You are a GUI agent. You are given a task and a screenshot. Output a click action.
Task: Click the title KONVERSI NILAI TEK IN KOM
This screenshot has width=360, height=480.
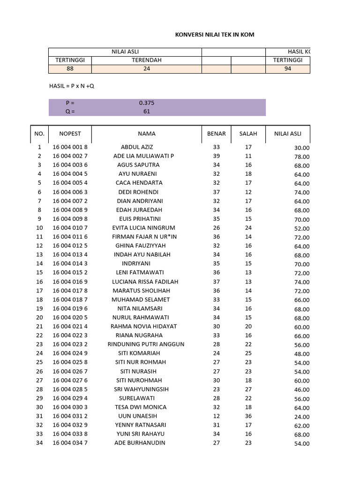215,35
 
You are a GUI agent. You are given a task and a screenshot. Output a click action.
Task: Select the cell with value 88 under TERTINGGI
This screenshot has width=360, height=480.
70,68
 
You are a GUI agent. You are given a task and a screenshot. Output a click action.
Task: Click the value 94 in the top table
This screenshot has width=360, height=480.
287,68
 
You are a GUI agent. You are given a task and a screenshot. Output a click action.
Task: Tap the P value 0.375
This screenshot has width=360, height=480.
147,103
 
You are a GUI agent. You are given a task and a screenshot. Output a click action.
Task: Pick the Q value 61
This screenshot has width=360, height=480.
147,112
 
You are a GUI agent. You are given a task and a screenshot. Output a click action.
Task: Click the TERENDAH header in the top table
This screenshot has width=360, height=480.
147,60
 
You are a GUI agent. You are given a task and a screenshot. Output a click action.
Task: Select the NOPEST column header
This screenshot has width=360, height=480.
70,134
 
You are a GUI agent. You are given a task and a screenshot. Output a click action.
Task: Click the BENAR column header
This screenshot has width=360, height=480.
216,134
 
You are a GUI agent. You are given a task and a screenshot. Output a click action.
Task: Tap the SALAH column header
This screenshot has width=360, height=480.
248,134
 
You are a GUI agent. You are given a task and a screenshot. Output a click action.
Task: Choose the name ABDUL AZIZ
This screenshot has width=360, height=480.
137,147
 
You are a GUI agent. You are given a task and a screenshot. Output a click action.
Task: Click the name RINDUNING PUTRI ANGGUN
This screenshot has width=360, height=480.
146,344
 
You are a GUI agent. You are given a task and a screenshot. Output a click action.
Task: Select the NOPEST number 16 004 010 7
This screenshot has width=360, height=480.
70,228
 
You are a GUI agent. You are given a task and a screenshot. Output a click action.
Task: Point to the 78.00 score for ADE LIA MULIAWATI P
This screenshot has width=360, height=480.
301,157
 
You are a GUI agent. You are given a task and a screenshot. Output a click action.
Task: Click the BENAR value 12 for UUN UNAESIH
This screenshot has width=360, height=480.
216,416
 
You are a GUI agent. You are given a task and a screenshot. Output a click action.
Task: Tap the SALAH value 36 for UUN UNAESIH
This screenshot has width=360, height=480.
248,416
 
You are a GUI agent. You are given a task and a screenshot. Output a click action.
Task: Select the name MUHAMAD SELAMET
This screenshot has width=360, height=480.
141,300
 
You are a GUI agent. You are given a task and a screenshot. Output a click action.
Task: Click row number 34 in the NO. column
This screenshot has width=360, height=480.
39,443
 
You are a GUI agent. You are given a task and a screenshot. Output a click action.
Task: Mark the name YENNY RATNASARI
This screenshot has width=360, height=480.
141,425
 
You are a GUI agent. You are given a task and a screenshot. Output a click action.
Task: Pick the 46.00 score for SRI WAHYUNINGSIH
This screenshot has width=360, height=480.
301,390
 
